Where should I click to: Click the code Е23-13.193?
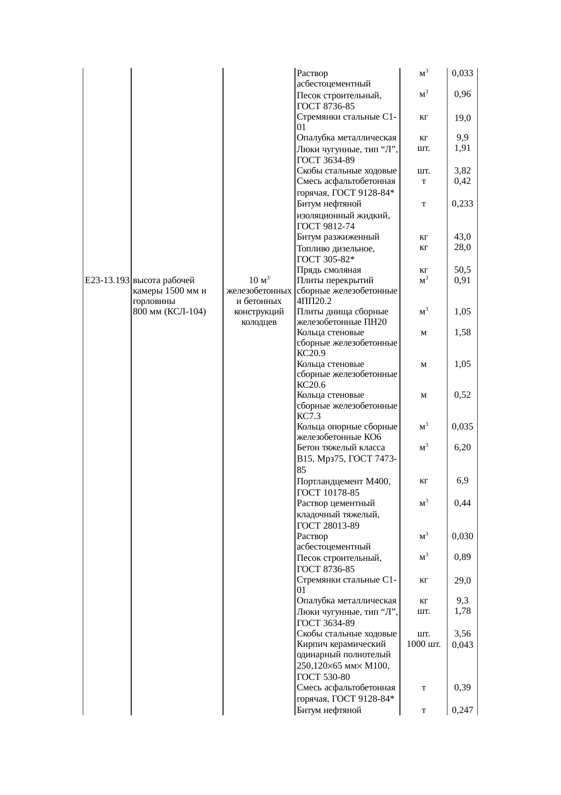coord(107,280)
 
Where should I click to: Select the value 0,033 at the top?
coord(462,73)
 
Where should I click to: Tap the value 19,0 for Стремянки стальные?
coord(462,119)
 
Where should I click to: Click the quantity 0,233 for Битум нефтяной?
coord(462,204)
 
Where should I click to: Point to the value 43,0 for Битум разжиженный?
coord(462,237)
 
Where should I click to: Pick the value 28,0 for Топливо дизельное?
coord(462,247)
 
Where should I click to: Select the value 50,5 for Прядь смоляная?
coord(462,270)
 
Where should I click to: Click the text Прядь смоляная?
coord(329,270)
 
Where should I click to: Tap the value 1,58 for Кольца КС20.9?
coord(462,332)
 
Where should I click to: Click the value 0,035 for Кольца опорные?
coord(462,427)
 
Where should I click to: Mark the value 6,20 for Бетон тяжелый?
coord(462,448)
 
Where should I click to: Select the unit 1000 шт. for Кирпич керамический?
coord(423,644)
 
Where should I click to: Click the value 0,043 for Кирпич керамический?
coord(462,645)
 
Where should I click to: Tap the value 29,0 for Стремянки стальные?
coord(462,581)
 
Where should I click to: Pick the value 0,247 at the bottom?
coord(462,710)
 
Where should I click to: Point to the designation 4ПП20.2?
coord(312,301)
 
